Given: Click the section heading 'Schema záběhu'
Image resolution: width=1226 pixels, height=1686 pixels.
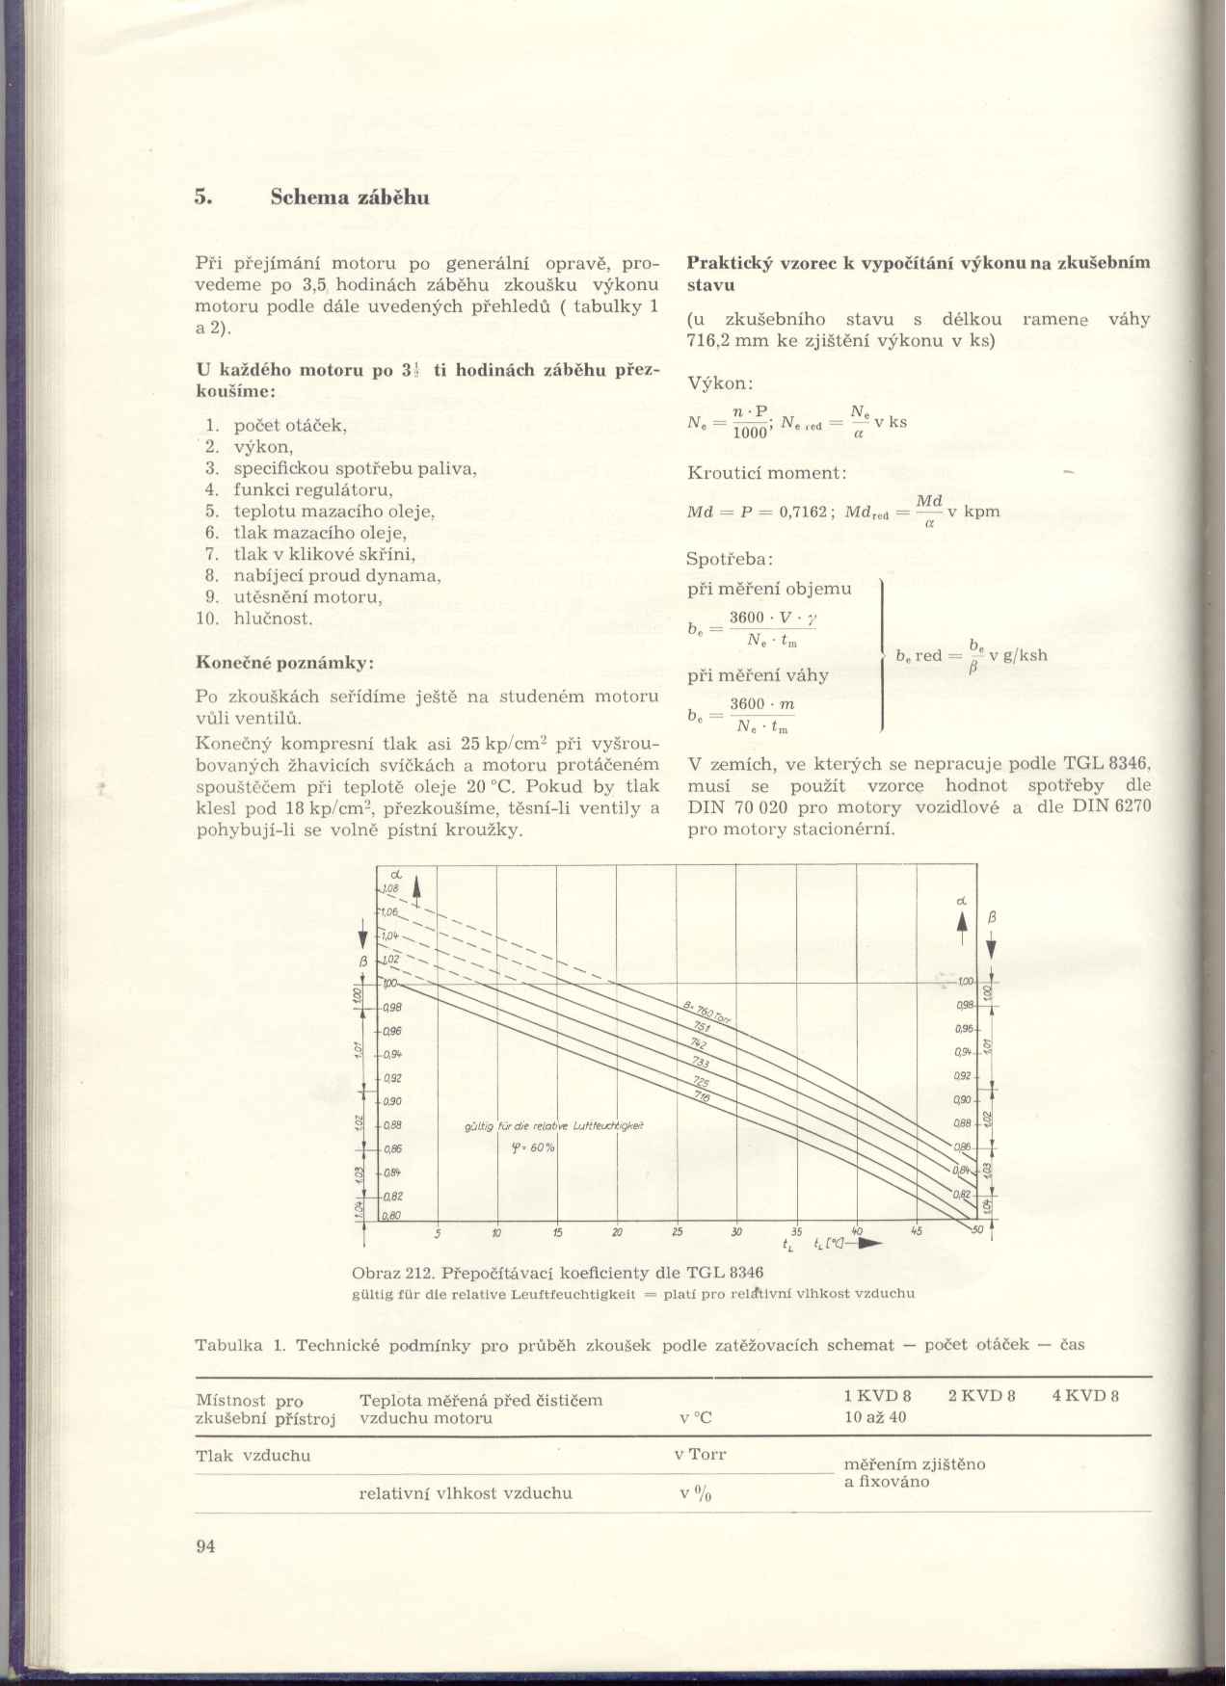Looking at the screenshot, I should click(349, 198).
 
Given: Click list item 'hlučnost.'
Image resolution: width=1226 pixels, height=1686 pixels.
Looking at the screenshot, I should click(273, 619).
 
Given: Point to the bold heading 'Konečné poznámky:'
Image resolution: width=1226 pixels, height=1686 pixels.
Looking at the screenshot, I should click(284, 663).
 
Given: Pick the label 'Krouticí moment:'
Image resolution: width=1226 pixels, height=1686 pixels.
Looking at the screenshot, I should click(766, 473).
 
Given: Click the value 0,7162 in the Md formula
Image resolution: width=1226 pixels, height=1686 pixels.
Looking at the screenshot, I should click(803, 512).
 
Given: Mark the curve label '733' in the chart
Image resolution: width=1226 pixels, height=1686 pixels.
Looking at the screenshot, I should click(701, 1063).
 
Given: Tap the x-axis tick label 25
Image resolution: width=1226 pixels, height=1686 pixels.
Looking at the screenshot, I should click(678, 1232).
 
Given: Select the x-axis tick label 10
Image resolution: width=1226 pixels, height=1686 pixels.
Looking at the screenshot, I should click(496, 1232).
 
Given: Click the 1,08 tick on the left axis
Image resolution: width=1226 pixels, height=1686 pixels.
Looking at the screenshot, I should click(390, 889).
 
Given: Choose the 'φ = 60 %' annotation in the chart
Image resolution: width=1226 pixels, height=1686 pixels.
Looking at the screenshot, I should click(533, 1147).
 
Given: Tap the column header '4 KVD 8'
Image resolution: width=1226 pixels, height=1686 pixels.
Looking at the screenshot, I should click(1085, 1396).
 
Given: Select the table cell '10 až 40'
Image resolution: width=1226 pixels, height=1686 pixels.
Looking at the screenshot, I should click(875, 1417).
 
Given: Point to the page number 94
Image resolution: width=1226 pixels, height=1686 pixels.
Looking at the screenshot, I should click(205, 1546).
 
